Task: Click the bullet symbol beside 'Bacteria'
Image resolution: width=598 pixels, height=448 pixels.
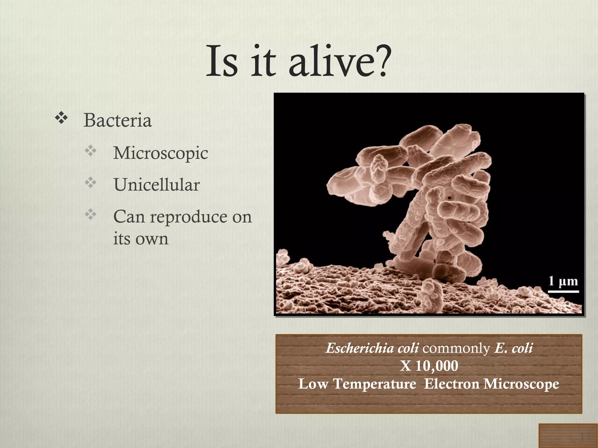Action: [x=61, y=118]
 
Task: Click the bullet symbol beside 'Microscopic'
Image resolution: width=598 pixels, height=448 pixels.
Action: [x=91, y=151]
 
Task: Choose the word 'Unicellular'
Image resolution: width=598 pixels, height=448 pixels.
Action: [x=157, y=185]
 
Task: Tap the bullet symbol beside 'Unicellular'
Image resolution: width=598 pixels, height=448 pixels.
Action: [x=91, y=183]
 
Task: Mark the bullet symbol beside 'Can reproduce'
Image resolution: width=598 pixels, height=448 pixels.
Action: [x=91, y=215]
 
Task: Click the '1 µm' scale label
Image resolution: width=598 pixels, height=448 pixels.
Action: [x=563, y=281]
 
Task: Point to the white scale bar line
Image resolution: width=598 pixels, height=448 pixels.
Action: [x=563, y=291]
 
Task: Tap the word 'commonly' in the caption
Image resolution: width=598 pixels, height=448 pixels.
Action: [x=456, y=348]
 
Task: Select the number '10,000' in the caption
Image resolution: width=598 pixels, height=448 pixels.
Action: [x=437, y=366]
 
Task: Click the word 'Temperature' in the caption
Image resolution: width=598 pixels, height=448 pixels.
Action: [x=375, y=384]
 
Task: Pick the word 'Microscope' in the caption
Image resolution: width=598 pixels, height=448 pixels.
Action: [x=521, y=384]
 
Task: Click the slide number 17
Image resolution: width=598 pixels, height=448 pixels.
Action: [x=585, y=437]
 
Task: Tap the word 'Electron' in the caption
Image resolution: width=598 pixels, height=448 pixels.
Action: [x=451, y=384]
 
